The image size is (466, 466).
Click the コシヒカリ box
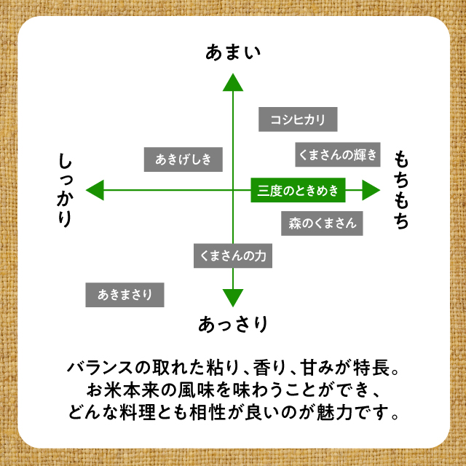point(298,119)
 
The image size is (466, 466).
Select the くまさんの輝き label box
point(338,154)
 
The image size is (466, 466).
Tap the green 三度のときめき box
point(298,190)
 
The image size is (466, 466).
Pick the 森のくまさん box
point(322,224)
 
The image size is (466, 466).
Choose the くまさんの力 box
point(233,256)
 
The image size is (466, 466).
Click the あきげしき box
point(183,159)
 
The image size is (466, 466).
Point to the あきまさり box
point(125,295)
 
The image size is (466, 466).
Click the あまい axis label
point(233,52)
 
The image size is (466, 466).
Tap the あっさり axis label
point(233,324)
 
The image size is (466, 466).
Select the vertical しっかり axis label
point(65,190)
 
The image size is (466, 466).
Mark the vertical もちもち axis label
point(401,190)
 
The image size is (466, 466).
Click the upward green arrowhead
point(233,82)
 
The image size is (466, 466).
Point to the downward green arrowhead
point(233,298)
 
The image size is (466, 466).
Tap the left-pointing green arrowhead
point(95,190)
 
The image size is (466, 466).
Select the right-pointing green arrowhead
point(371,190)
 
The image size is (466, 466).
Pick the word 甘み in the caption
point(317,368)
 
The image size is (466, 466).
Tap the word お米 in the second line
point(103,390)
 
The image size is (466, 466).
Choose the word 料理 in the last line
point(138,412)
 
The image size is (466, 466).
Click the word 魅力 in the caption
point(334,412)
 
